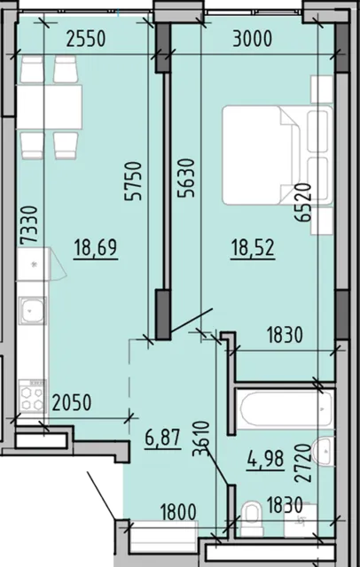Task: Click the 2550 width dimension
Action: coord(86,39)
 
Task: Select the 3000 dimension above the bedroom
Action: coord(252,39)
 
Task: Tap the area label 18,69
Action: coord(96,249)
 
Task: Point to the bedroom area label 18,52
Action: coord(253,249)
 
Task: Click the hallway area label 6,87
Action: coord(162,439)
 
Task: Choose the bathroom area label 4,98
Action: coord(265,460)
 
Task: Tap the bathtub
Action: coord(286,409)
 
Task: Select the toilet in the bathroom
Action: coord(252,518)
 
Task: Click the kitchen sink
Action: coord(33,310)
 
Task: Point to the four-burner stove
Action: coord(32,396)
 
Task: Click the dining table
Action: coord(49,107)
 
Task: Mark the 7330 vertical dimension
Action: coord(29,226)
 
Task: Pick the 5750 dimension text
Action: coord(133,181)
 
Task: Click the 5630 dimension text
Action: coord(186,178)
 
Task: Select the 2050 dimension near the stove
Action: coord(72,402)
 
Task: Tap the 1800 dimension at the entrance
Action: coord(178,512)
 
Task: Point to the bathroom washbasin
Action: coord(324,452)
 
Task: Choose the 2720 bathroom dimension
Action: coord(303,462)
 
